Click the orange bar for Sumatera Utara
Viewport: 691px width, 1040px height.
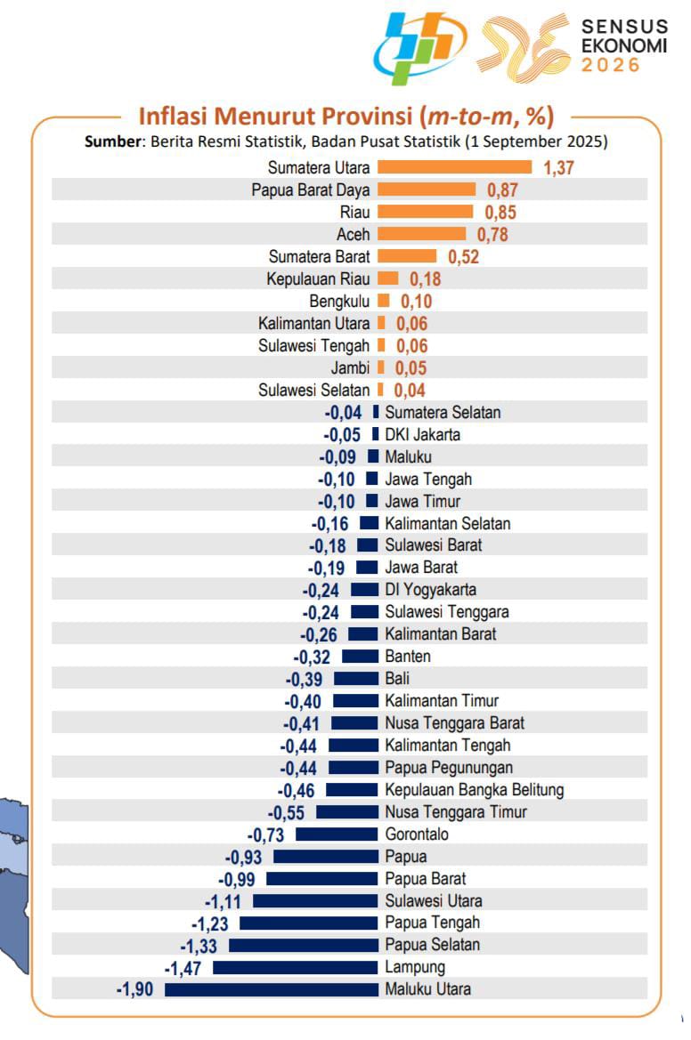(x=454, y=167)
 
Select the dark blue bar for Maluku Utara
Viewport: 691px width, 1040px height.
(x=272, y=989)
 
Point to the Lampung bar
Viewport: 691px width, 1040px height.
(x=295, y=967)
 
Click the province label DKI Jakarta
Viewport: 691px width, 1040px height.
(x=423, y=435)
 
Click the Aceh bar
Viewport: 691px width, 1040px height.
(x=421, y=234)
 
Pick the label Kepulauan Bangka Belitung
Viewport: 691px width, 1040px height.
(x=475, y=790)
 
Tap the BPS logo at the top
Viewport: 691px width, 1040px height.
(x=419, y=49)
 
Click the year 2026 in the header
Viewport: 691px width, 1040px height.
(x=611, y=65)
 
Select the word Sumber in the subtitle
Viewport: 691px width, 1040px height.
(x=114, y=141)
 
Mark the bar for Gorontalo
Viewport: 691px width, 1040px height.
(x=337, y=834)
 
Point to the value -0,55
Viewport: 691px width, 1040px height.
(x=288, y=812)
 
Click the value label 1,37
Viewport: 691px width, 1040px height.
(x=558, y=168)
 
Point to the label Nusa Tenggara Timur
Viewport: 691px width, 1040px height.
(x=456, y=812)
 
